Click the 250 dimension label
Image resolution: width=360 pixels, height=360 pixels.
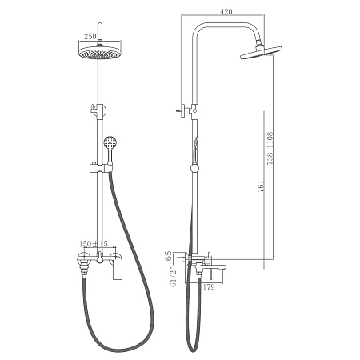90,36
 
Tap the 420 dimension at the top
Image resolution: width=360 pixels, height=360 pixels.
226,12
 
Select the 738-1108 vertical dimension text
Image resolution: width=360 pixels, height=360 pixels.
270,147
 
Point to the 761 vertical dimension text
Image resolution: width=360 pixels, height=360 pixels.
261,186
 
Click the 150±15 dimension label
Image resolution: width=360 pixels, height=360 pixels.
94,243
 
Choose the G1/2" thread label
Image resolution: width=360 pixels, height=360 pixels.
174,277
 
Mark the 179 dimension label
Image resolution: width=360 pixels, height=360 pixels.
209,287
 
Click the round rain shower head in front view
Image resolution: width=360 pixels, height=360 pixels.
99,52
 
